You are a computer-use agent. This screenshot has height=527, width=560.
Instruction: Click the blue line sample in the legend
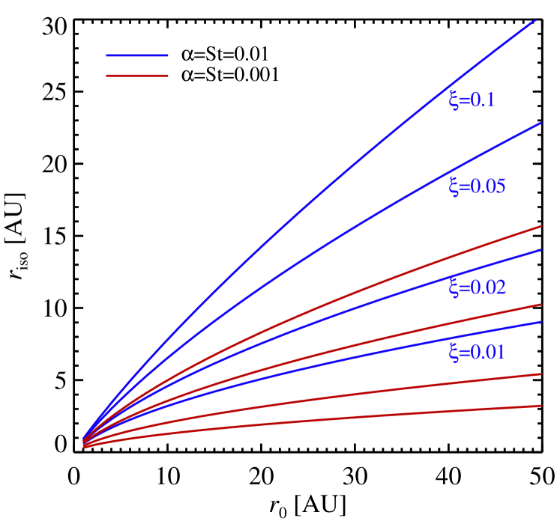tap(137, 55)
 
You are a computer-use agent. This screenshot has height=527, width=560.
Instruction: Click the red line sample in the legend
tap(137, 76)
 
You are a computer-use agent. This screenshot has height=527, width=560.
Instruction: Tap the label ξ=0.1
tap(472, 100)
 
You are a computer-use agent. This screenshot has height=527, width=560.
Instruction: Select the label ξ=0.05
tap(477, 186)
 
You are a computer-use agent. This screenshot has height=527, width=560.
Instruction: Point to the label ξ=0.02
tap(477, 287)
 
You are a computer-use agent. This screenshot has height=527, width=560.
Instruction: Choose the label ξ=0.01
tap(477, 352)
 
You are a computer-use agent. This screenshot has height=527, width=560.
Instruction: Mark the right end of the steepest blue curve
tap(535, 20)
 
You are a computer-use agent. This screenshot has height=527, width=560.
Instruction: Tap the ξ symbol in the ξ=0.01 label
tap(454, 352)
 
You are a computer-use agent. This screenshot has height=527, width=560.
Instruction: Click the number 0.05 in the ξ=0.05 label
tap(487, 186)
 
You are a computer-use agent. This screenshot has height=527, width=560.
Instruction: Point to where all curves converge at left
tap(83, 442)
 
